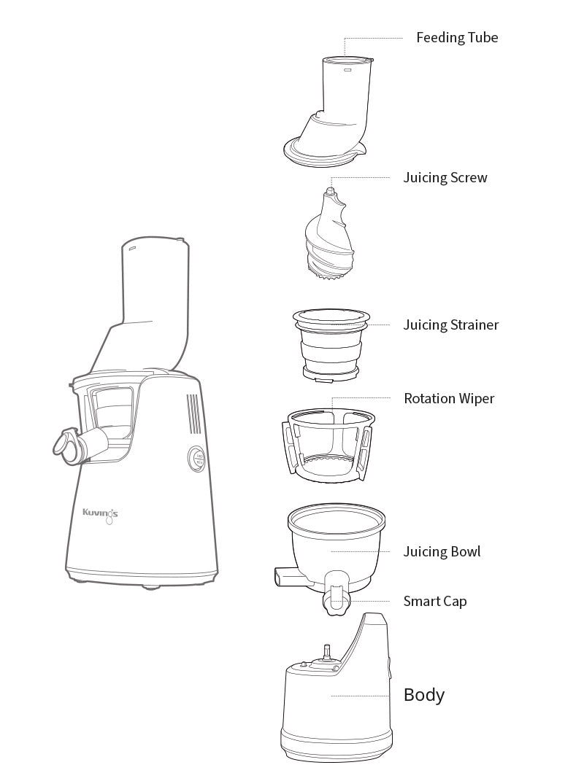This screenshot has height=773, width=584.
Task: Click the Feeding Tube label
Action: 457,38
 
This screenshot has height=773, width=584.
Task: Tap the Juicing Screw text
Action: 445,178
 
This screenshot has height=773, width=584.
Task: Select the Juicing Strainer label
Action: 451,325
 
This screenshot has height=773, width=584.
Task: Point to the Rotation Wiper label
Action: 449,398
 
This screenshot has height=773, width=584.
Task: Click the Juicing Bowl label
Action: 442,551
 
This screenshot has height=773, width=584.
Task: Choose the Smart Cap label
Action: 435,602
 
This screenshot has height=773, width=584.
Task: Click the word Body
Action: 424,695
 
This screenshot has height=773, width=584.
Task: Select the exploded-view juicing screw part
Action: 329,235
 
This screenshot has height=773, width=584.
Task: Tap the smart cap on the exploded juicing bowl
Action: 337,594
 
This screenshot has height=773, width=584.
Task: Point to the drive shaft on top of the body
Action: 326,652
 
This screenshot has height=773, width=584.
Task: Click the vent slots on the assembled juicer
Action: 193,414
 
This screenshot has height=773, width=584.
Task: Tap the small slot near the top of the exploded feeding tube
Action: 347,71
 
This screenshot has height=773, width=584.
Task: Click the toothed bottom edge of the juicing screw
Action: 328,277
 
